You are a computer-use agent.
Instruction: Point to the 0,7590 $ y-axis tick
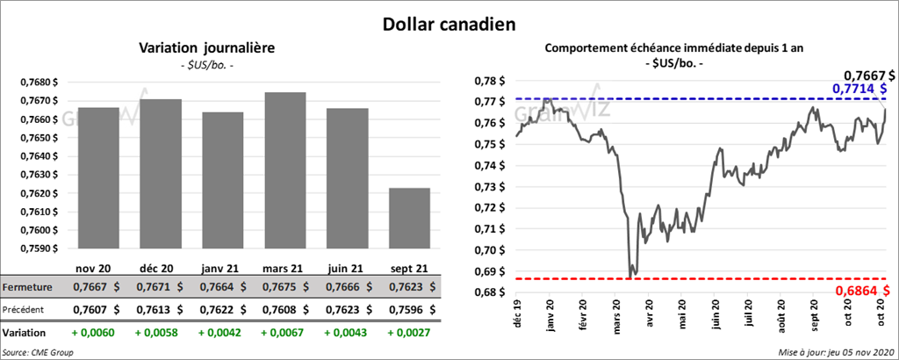click(38, 248)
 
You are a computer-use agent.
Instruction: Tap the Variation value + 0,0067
click(283, 334)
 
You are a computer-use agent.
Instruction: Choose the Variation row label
click(25, 334)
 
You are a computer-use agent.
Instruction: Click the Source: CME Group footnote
click(38, 352)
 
